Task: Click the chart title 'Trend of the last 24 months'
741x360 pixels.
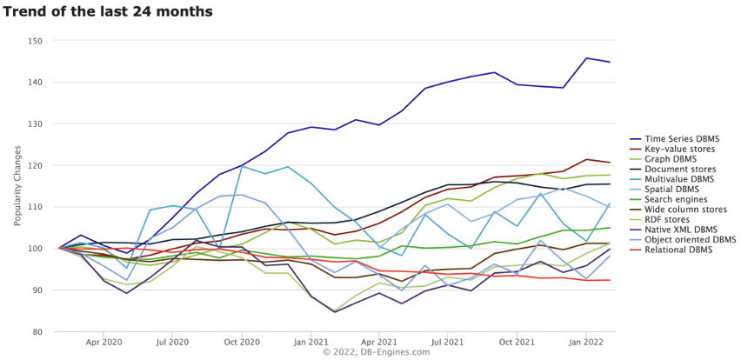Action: pos(108,12)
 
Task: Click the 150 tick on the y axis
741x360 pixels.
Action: pos(35,41)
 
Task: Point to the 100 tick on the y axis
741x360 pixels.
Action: pos(35,249)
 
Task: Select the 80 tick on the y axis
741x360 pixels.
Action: pos(37,332)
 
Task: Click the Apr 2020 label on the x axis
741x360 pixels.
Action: pos(103,343)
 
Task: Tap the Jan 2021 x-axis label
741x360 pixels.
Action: pos(310,343)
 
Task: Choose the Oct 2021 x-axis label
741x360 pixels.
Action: pos(516,343)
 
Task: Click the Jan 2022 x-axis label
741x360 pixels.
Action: pos(584,343)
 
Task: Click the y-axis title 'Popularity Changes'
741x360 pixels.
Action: pos(17,185)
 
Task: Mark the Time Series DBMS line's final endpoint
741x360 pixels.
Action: pos(609,62)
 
